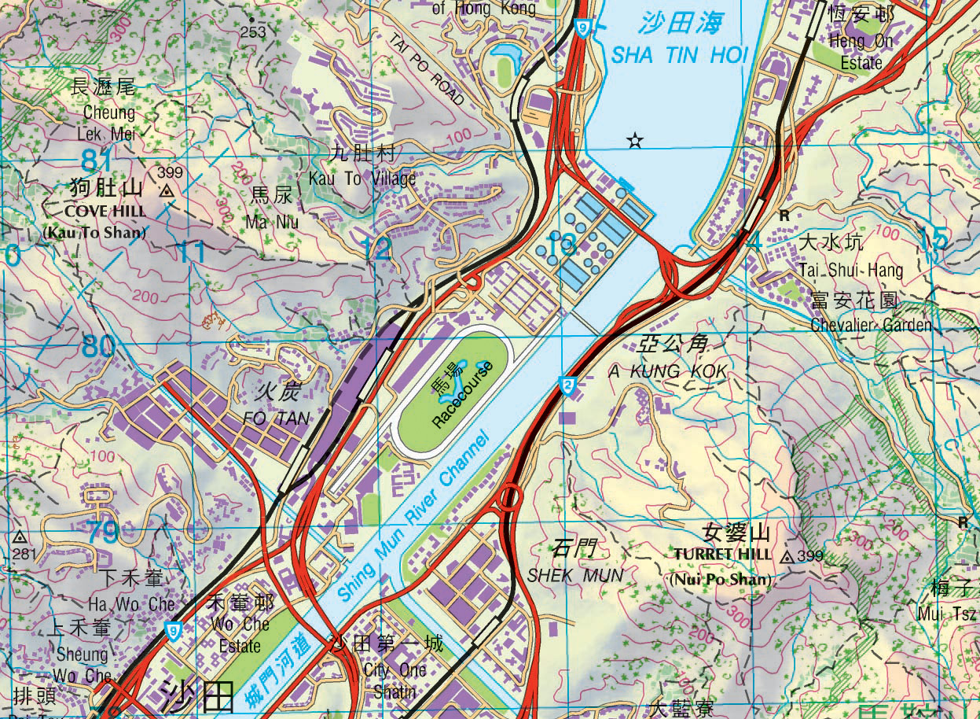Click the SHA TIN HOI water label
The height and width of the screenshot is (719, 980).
pyautogui.click(x=680, y=55)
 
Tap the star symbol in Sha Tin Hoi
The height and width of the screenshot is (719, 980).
pyautogui.click(x=635, y=141)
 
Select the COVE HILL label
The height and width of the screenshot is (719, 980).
pyautogui.click(x=105, y=212)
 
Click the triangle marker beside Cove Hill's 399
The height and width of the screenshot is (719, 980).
pyautogui.click(x=166, y=190)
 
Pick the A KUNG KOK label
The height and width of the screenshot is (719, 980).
pyautogui.click(x=668, y=370)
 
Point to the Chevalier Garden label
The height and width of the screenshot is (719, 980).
pyautogui.click(x=870, y=324)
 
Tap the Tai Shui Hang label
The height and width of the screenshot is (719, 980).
pyautogui.click(x=851, y=270)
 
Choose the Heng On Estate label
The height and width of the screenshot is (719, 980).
pyautogui.click(x=861, y=51)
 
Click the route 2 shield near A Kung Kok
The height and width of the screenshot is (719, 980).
pyautogui.click(x=567, y=384)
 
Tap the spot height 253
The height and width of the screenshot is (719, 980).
pyautogui.click(x=253, y=31)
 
